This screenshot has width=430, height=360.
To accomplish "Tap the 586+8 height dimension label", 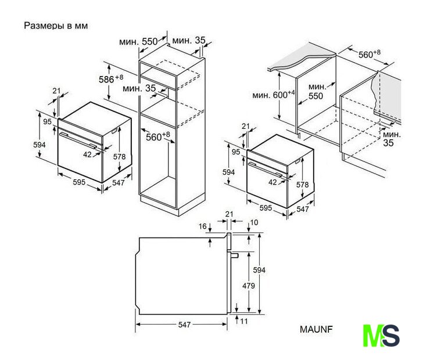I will coord(110,78).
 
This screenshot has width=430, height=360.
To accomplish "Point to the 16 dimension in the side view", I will coord(203,226).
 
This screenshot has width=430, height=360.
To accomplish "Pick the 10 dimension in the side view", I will coord(254,223).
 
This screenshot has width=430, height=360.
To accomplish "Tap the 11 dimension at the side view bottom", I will coord(244,321).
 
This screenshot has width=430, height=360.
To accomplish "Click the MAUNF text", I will coord(316,329).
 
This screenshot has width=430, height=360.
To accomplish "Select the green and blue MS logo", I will coord(381,336).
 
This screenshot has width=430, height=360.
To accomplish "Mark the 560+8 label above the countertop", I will coord(369,54).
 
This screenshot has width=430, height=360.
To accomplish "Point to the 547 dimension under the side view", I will coord(184,325).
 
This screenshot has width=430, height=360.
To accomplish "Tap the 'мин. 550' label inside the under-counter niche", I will coord(315,91).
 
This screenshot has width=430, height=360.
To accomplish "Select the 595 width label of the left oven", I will coord(78,182).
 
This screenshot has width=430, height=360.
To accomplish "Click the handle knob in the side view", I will coord(235,255).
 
